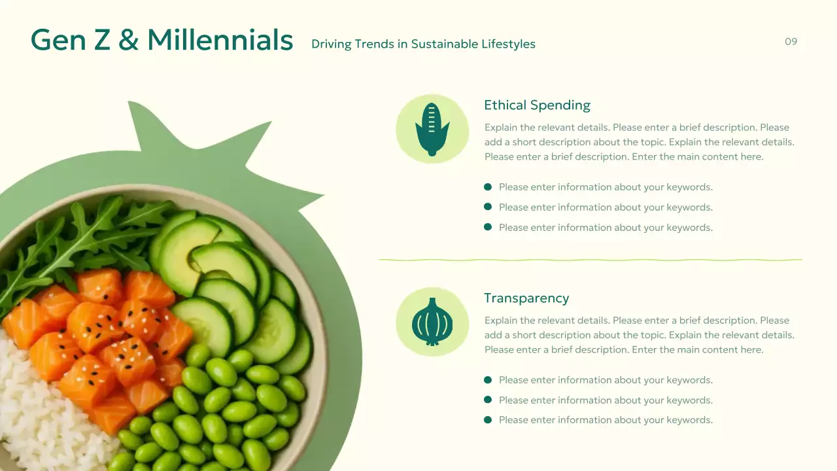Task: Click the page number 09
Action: pos(791,42)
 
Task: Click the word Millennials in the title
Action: pos(220,40)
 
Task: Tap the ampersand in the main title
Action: pos(129,41)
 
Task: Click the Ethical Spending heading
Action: pos(537,105)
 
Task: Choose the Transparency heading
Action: pos(526,298)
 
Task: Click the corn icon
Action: pos(432,128)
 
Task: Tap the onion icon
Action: pos(432,321)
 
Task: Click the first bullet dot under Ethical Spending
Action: pos(488,187)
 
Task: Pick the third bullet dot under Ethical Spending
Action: pos(488,227)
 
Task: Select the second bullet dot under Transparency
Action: pos(488,400)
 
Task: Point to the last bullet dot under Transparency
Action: pos(488,420)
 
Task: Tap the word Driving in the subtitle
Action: pos(330,44)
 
